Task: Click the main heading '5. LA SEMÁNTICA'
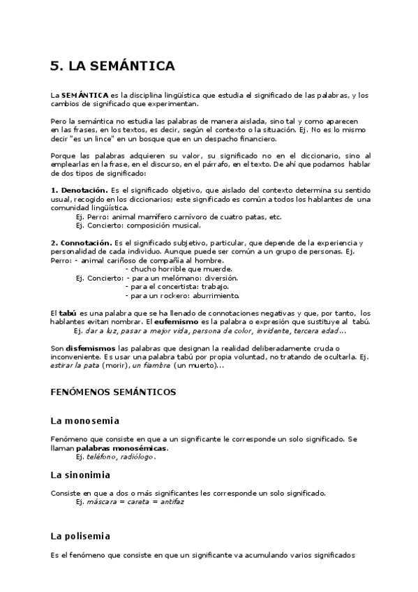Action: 112,67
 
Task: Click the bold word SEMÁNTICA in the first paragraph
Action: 84,95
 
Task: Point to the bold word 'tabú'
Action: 68,312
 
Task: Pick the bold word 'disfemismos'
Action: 94,348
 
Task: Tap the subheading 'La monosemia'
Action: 84,421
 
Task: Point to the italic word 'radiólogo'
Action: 137,457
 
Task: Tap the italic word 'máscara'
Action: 102,501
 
